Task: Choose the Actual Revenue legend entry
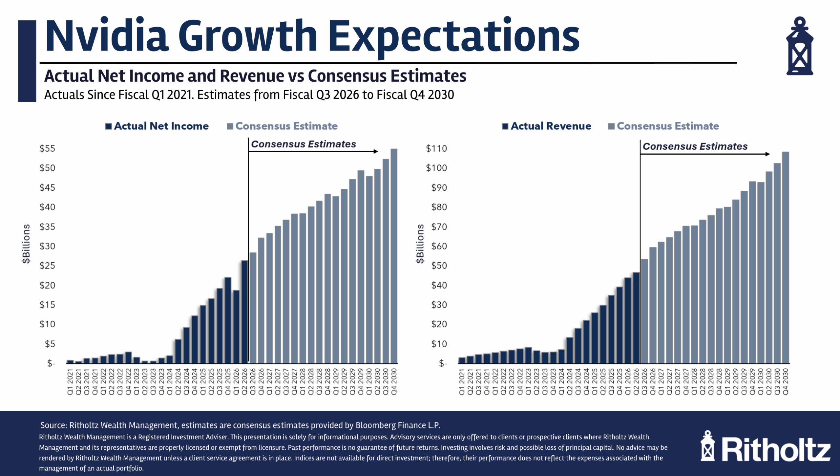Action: coord(547,126)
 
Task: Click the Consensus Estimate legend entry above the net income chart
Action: coord(282,126)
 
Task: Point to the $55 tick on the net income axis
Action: coord(47,148)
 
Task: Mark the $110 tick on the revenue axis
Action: coord(436,148)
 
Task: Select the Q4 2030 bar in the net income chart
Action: coord(394,256)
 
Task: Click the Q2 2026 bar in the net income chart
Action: coord(244,312)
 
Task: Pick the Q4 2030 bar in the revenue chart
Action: coord(786,258)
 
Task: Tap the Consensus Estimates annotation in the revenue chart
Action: coord(695,146)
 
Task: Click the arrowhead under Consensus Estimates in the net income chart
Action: coord(376,151)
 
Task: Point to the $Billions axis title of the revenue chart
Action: coord(420,244)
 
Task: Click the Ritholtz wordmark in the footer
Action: coord(776,450)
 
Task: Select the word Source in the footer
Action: coord(53,425)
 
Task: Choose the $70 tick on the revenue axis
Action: coord(439,227)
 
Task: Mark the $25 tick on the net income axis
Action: coord(47,266)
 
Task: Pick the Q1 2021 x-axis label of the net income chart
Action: coord(70,381)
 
